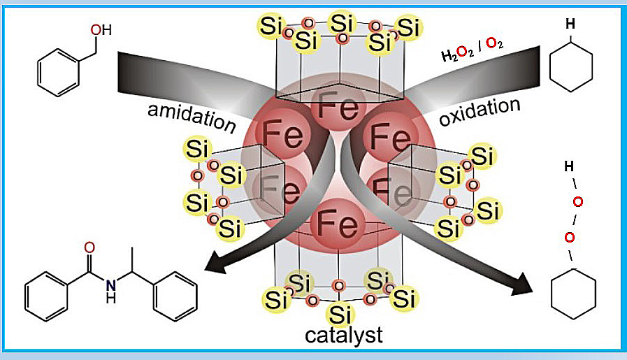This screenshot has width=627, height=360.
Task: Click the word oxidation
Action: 480,112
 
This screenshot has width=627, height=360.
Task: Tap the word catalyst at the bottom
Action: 344,335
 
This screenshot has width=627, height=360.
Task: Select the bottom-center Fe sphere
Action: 339,224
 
